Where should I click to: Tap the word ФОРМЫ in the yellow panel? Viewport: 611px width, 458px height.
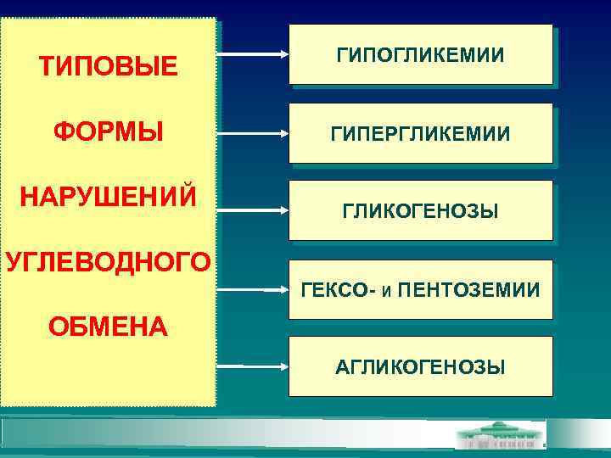(108, 132)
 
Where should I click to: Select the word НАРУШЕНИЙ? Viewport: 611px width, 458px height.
(108, 196)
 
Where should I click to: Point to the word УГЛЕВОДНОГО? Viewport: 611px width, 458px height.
(108, 261)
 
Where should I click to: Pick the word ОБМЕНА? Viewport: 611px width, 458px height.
(108, 326)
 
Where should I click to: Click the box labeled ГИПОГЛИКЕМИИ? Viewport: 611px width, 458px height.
(420, 55)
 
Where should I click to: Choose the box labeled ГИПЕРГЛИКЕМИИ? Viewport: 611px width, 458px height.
(420, 133)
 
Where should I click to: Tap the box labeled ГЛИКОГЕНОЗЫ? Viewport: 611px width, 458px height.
(420, 210)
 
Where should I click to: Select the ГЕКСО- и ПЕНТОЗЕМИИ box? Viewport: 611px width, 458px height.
(420, 290)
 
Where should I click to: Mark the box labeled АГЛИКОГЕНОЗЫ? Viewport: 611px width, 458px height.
(420, 366)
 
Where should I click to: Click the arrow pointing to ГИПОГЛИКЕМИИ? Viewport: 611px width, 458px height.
(252, 53)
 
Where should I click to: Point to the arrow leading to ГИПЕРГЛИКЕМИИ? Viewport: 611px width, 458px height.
(252, 132)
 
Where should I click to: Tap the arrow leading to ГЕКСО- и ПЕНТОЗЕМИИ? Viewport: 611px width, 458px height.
(252, 290)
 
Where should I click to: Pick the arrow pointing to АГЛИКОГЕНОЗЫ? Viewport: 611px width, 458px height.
(252, 366)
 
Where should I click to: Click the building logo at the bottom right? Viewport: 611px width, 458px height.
(501, 437)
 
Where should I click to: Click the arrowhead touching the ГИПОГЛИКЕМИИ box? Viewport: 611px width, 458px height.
(285, 53)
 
